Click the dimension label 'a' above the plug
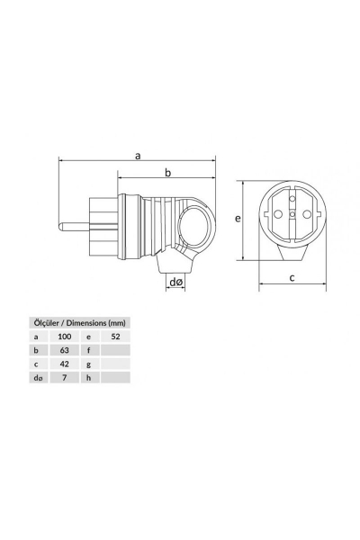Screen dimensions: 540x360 pos(138,155)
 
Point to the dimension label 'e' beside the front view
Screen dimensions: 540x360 pos(236,219)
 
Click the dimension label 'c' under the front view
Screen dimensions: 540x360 pos(292,278)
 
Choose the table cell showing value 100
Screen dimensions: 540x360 pos(65,335)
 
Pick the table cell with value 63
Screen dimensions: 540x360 pos(65,349)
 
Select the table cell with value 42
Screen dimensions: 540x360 pos(65,364)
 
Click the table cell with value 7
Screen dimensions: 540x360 pos(65,379)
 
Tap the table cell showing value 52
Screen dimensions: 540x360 pos(114,335)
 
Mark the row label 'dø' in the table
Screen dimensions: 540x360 pos(37,379)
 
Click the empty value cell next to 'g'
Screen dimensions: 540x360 pos(114,364)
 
